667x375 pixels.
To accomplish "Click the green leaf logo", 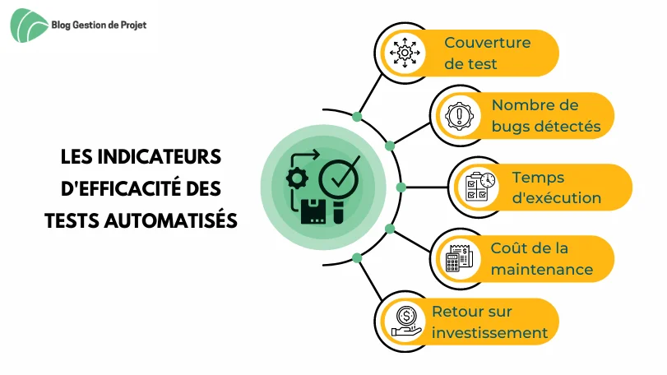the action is click(29, 25).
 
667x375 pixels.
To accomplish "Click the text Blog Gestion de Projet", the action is click(99, 25).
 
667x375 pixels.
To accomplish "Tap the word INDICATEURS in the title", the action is click(160, 156).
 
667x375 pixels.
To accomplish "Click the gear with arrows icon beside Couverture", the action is click(405, 53).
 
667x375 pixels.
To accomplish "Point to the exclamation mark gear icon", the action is click(460, 116).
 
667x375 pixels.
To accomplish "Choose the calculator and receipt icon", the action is click(459, 258).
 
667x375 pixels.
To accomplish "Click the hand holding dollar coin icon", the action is click(406, 322).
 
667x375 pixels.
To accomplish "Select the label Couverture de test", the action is click(488, 53).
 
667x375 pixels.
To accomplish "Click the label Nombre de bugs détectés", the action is click(546, 116).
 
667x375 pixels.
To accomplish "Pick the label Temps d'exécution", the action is click(557, 187).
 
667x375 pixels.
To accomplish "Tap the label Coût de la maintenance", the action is click(541, 258).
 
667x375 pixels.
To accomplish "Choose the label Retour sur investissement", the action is click(489, 322).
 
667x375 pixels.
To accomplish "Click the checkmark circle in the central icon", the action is click(340, 178).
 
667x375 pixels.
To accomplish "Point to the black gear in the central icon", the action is click(297, 178).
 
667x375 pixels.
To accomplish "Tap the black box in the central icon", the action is click(313, 211).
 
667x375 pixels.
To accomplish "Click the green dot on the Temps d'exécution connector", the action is click(401, 187).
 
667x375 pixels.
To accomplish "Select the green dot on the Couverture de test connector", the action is click(357, 116).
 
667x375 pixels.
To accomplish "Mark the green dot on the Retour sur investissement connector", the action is click(357, 257).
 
